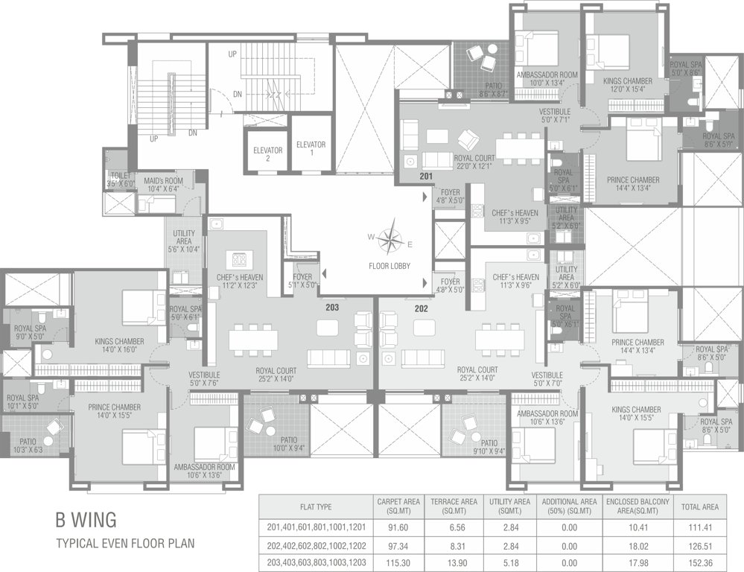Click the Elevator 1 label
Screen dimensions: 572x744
[x=311, y=148]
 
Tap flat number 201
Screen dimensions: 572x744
[x=425, y=177]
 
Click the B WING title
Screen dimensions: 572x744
[x=86, y=519]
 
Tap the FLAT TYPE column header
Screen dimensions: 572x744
[x=315, y=506]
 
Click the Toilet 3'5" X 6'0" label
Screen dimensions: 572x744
[x=118, y=178]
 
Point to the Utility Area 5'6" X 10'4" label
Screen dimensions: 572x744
[x=183, y=244]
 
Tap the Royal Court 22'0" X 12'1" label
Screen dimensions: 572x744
[x=474, y=162]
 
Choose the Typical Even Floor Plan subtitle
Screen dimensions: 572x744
[x=125, y=543]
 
